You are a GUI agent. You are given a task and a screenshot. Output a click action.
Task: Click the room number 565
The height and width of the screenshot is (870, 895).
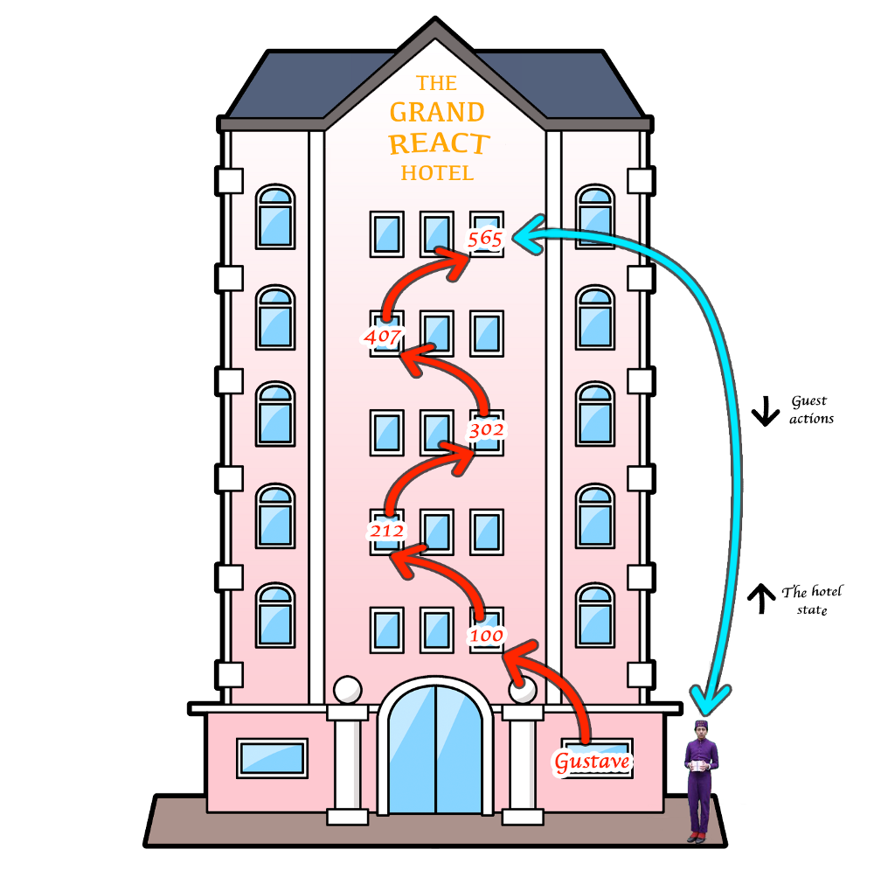[484, 239]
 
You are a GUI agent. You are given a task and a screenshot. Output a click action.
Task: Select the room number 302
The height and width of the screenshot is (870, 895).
[486, 430]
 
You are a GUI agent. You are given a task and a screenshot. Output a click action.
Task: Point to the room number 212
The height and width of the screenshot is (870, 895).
[386, 531]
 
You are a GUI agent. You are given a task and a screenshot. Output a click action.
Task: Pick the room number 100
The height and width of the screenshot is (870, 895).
[486, 636]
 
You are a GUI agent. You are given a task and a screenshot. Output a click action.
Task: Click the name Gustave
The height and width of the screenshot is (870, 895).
[592, 762]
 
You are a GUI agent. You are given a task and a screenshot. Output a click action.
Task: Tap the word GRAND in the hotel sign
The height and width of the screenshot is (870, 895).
[436, 113]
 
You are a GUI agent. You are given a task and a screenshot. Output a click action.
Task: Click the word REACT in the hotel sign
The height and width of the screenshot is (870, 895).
[439, 143]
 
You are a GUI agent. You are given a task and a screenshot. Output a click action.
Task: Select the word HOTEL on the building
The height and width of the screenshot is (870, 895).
[437, 173]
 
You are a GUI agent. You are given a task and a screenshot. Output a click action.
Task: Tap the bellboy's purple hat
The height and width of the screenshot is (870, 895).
[700, 726]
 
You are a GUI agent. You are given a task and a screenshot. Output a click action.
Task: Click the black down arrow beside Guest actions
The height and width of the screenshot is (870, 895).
[765, 411]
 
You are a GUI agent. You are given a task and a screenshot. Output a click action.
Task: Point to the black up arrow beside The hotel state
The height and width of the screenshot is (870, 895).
[761, 599]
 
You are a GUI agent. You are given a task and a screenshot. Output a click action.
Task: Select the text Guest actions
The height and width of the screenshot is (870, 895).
[811, 410]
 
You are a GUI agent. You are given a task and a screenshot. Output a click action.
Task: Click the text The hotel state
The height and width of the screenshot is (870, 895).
[812, 600]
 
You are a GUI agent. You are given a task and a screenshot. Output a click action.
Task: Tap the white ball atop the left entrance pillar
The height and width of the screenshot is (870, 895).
[348, 690]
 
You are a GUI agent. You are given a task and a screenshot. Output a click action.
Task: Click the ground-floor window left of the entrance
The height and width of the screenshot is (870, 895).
[272, 758]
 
